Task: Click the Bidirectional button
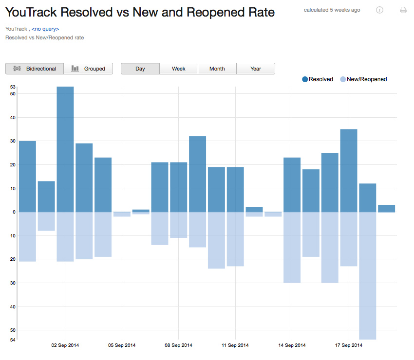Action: point(35,69)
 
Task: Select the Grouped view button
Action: point(89,69)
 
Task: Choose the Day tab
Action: point(140,69)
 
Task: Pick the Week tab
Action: point(179,69)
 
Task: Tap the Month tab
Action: point(217,69)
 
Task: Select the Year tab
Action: point(256,69)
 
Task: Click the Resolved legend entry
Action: point(318,79)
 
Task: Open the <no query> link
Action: point(45,29)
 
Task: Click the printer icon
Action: point(403,10)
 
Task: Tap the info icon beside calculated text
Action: point(379,10)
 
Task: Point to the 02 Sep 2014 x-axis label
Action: point(65,345)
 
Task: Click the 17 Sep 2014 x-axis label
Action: point(349,345)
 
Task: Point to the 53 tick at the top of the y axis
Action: point(13,87)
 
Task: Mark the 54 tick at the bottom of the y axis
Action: point(13,340)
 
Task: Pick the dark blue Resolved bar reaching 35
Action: point(349,170)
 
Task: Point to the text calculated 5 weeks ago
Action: point(332,10)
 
